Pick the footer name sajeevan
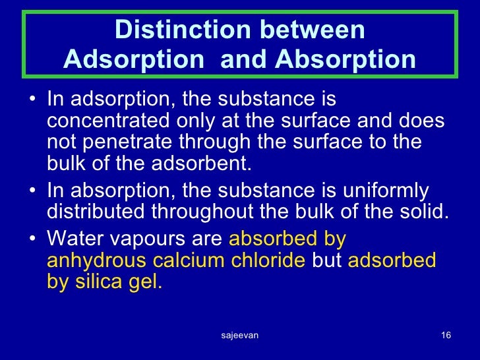[239, 336]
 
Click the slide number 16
[445, 336]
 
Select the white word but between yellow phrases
[326, 260]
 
